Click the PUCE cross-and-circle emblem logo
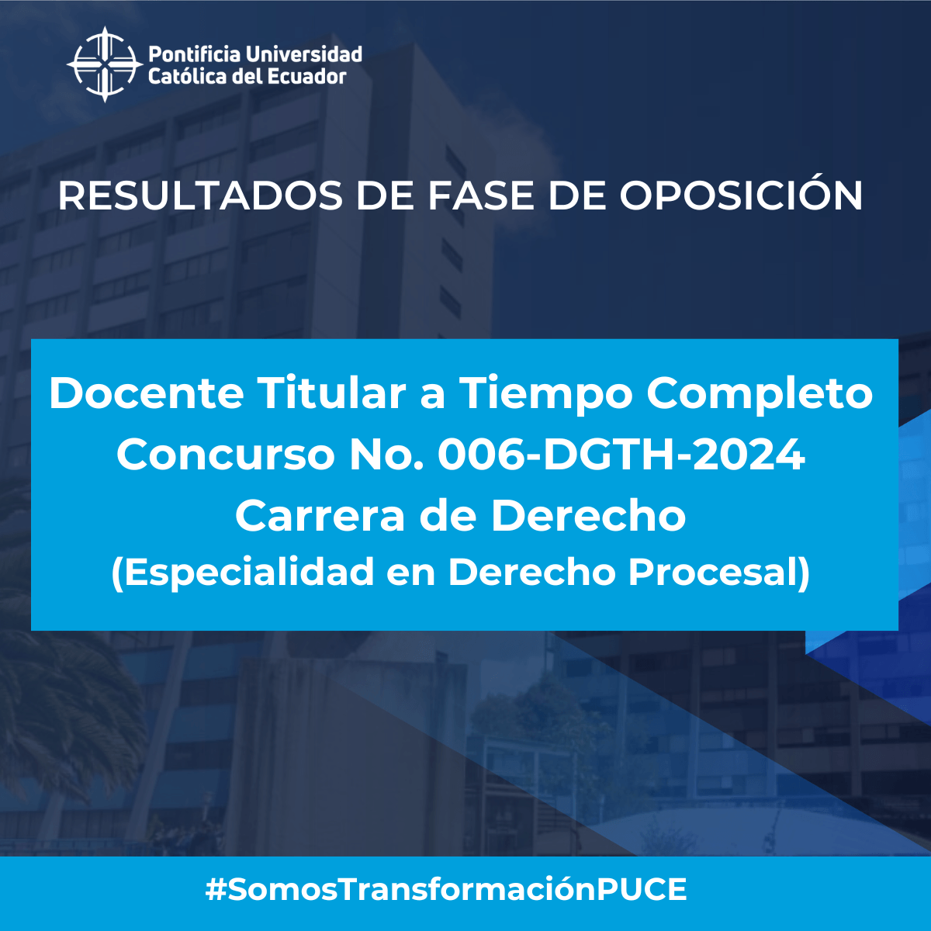point(105,64)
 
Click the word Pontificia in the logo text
point(194,54)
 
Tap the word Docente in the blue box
point(146,393)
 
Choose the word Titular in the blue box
point(331,393)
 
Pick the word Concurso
point(226,455)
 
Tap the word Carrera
point(320,515)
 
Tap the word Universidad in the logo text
point(304,54)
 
